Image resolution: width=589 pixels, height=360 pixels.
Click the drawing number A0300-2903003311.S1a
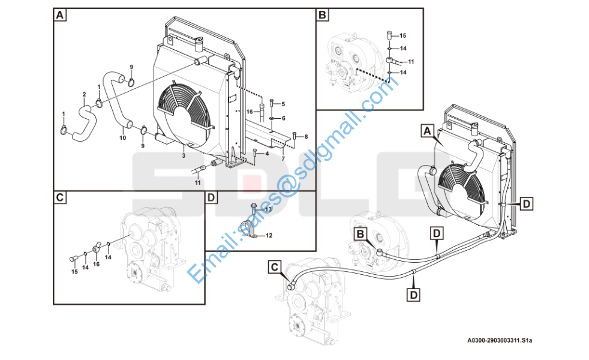(500, 340)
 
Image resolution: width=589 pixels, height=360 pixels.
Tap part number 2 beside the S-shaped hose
(84, 95)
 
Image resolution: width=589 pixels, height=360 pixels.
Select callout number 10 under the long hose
(123, 138)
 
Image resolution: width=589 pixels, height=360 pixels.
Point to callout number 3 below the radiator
(184, 155)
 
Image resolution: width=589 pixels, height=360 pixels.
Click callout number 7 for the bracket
(283, 158)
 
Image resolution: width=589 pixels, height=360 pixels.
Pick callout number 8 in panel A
(306, 137)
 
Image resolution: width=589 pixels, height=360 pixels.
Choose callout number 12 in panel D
(269, 236)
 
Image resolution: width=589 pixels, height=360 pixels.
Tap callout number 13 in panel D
(268, 209)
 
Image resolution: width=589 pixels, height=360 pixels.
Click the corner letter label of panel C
(60, 197)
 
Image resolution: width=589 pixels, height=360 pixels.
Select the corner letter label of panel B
(322, 15)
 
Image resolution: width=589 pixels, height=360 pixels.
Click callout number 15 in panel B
(402, 35)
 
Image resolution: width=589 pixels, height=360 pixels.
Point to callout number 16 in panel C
(96, 264)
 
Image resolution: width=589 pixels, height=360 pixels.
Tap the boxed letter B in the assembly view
(360, 234)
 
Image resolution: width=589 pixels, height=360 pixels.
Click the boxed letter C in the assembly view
(275, 267)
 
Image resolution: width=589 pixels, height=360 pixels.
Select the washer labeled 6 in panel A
(272, 118)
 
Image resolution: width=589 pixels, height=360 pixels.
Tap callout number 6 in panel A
(283, 118)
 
